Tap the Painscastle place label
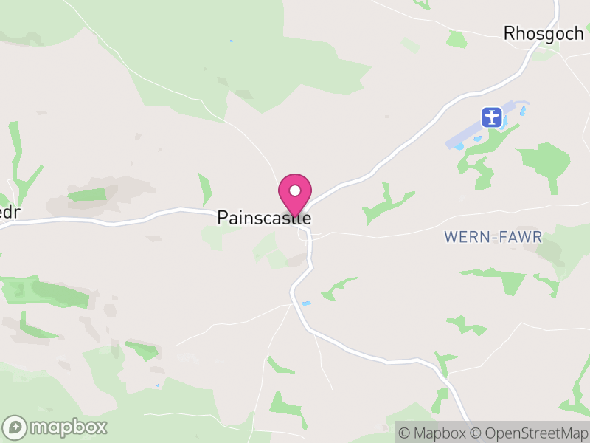(264, 219)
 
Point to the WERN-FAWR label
(493, 237)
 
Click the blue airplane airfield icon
(492, 117)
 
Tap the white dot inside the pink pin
(295, 190)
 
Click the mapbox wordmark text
(68, 427)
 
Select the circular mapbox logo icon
(15, 427)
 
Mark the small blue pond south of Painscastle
(305, 303)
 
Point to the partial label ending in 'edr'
(9, 211)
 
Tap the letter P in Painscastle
(222, 219)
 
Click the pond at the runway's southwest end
(459, 146)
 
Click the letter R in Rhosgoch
(510, 33)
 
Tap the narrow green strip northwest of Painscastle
(205, 189)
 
